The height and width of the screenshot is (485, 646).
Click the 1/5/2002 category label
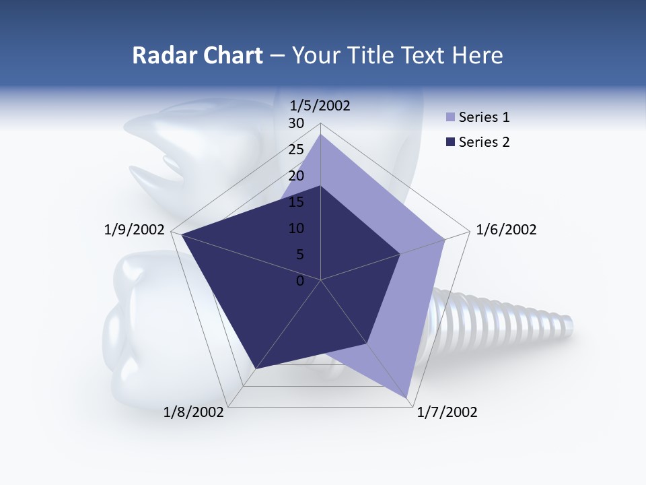pyautogui.click(x=320, y=105)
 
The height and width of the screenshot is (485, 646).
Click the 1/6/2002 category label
pyautogui.click(x=506, y=230)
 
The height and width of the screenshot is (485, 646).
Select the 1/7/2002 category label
pyautogui.click(x=447, y=412)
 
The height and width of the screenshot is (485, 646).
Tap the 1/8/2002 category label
pyautogui.click(x=194, y=412)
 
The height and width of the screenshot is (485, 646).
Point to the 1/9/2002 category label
pyautogui.click(x=135, y=230)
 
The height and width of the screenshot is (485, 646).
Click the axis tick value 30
pyautogui.click(x=296, y=123)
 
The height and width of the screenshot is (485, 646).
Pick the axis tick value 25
pyautogui.click(x=296, y=150)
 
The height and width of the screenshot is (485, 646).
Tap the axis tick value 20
pyautogui.click(x=296, y=176)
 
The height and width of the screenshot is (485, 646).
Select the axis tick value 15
pyautogui.click(x=296, y=202)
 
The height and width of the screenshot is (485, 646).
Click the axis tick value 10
pyautogui.click(x=296, y=228)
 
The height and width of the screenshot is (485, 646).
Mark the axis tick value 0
pyautogui.click(x=300, y=281)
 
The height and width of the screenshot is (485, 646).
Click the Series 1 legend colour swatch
pyautogui.click(x=451, y=118)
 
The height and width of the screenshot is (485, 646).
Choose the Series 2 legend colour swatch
pyautogui.click(x=451, y=142)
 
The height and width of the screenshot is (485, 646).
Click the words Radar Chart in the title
pyautogui.click(x=197, y=55)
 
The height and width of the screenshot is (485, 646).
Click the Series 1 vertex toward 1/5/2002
pyautogui.click(x=321, y=135)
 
